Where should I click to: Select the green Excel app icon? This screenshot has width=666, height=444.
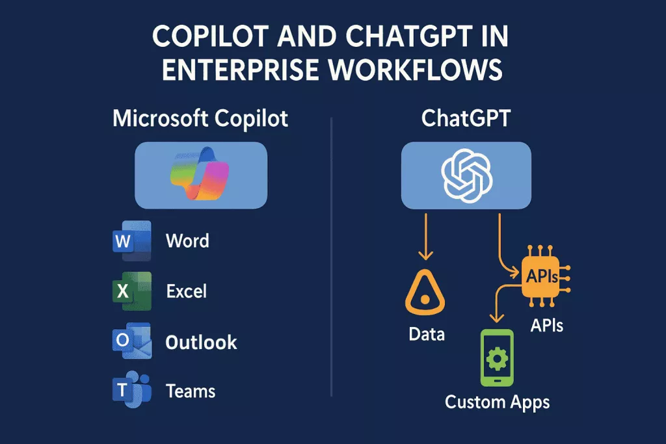click(x=131, y=291)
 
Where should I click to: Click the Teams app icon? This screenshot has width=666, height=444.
click(x=131, y=390)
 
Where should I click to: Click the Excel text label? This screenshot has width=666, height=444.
click(x=186, y=291)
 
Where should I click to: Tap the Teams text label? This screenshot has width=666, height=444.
click(x=190, y=391)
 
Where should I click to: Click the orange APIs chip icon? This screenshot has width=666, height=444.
click(x=542, y=277)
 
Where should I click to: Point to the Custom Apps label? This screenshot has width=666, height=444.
click(x=497, y=402)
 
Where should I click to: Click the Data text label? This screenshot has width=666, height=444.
click(x=427, y=335)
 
